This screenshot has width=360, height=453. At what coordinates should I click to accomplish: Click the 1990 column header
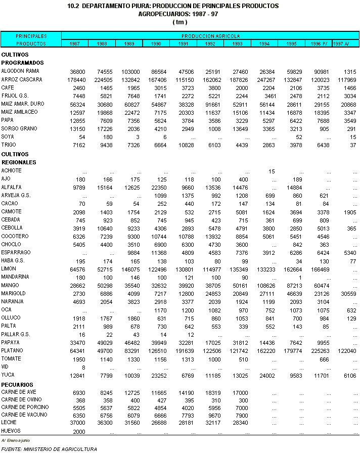pyautogui.click(x=156, y=44)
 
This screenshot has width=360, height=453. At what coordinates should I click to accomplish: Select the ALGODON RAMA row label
pyautogui.click(x=20, y=71)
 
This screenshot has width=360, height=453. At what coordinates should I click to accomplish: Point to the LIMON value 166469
pyautogui.click(x=320, y=269)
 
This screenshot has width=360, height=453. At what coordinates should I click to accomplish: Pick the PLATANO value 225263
pyautogui.click(x=320, y=351)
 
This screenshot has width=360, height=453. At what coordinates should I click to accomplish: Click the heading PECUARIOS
pyautogui.click(x=17, y=385)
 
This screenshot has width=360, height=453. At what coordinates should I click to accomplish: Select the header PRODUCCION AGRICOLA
pyautogui.click(x=210, y=36)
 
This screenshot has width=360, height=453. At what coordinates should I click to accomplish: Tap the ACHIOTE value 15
pyautogui.click(x=272, y=171)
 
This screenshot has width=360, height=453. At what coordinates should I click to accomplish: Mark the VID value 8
pyautogui.click(x=83, y=368)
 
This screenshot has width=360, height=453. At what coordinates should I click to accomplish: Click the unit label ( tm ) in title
pyautogui.click(x=179, y=22)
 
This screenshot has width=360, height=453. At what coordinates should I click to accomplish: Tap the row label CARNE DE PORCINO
pyautogui.click(x=25, y=407)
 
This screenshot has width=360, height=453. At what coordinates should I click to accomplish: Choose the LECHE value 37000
pyautogui.click(x=76, y=424)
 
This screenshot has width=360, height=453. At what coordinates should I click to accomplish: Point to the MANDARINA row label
pyautogui.click(x=15, y=277)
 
